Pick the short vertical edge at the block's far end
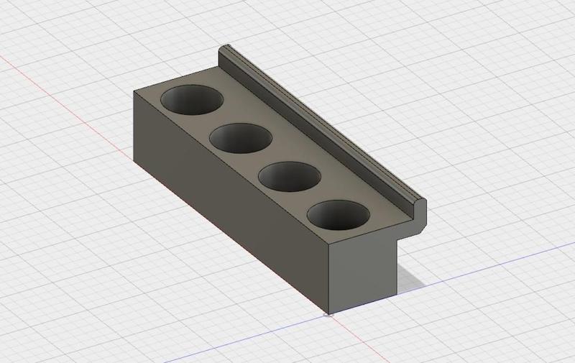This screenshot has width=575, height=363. click(x=135, y=126)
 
